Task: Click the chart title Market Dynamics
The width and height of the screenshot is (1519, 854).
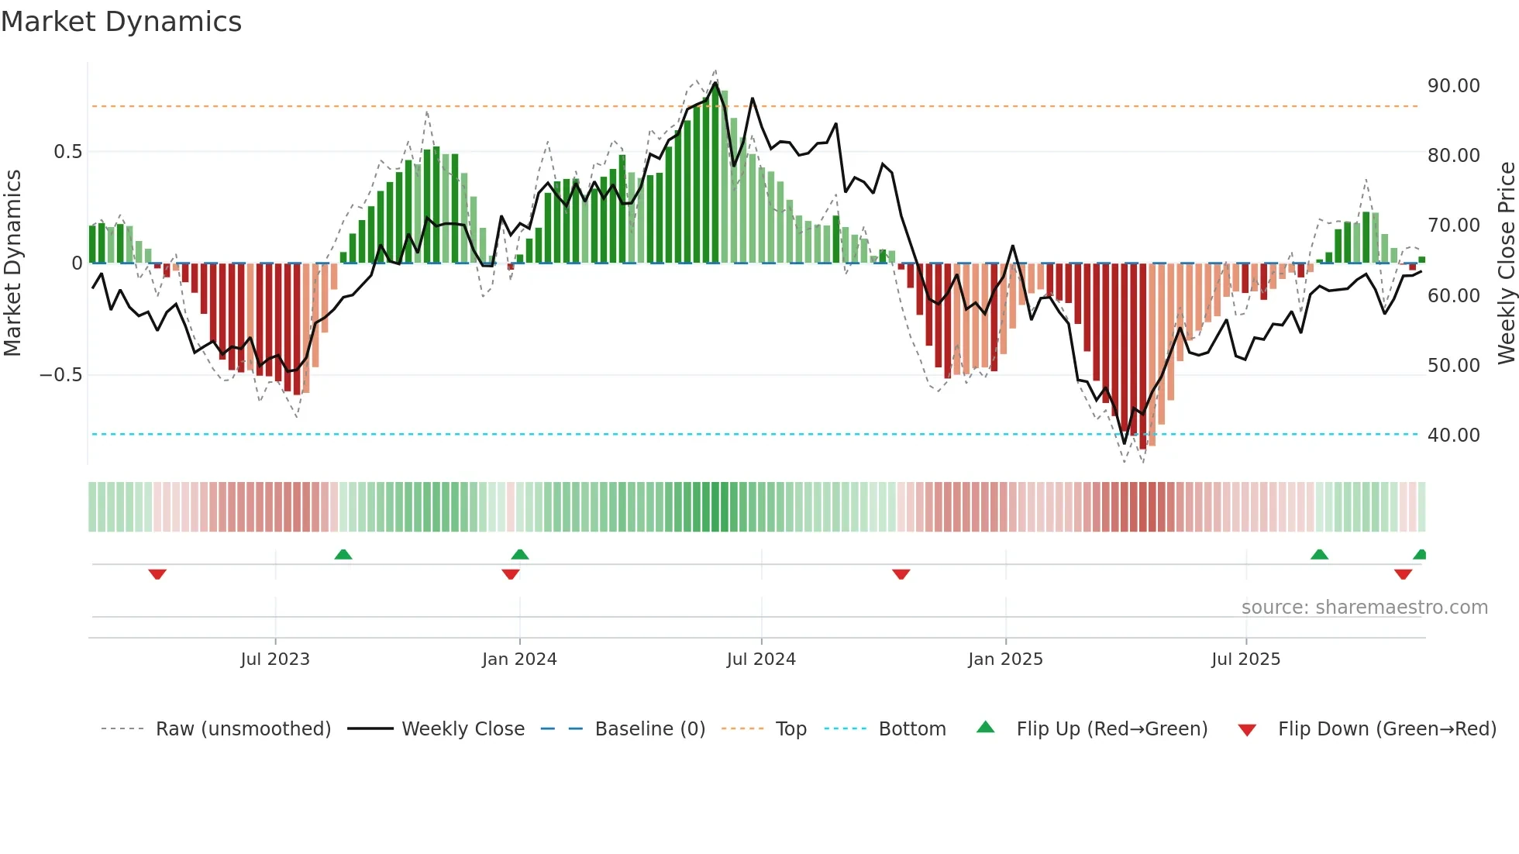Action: point(121,22)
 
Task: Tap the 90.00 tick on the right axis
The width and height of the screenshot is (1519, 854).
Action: point(1453,86)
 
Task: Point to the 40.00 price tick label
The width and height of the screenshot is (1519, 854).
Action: point(1453,436)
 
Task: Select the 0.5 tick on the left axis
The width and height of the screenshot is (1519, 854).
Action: point(67,152)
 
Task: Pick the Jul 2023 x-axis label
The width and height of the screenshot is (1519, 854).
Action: point(275,659)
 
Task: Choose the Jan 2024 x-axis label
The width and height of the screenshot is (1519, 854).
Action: point(519,659)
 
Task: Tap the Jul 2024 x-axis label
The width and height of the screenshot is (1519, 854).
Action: point(761,659)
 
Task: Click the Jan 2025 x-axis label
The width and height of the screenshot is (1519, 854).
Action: point(1005,659)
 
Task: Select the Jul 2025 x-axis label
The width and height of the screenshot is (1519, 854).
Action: point(1245,659)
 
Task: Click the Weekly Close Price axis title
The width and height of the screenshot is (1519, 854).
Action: point(1506,263)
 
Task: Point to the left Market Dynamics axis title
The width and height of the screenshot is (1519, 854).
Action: point(12,263)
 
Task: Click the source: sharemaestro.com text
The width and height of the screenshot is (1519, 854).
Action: point(1364,608)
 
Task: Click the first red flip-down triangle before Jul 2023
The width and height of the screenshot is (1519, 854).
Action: point(157,574)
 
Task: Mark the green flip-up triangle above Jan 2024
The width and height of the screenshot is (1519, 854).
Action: point(520,554)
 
